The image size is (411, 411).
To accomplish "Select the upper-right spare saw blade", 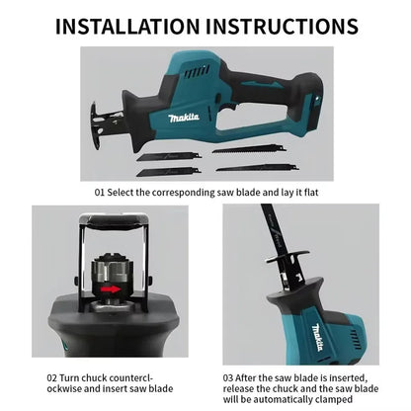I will click(x=247, y=149).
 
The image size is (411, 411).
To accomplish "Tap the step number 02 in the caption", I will click(x=52, y=376).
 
